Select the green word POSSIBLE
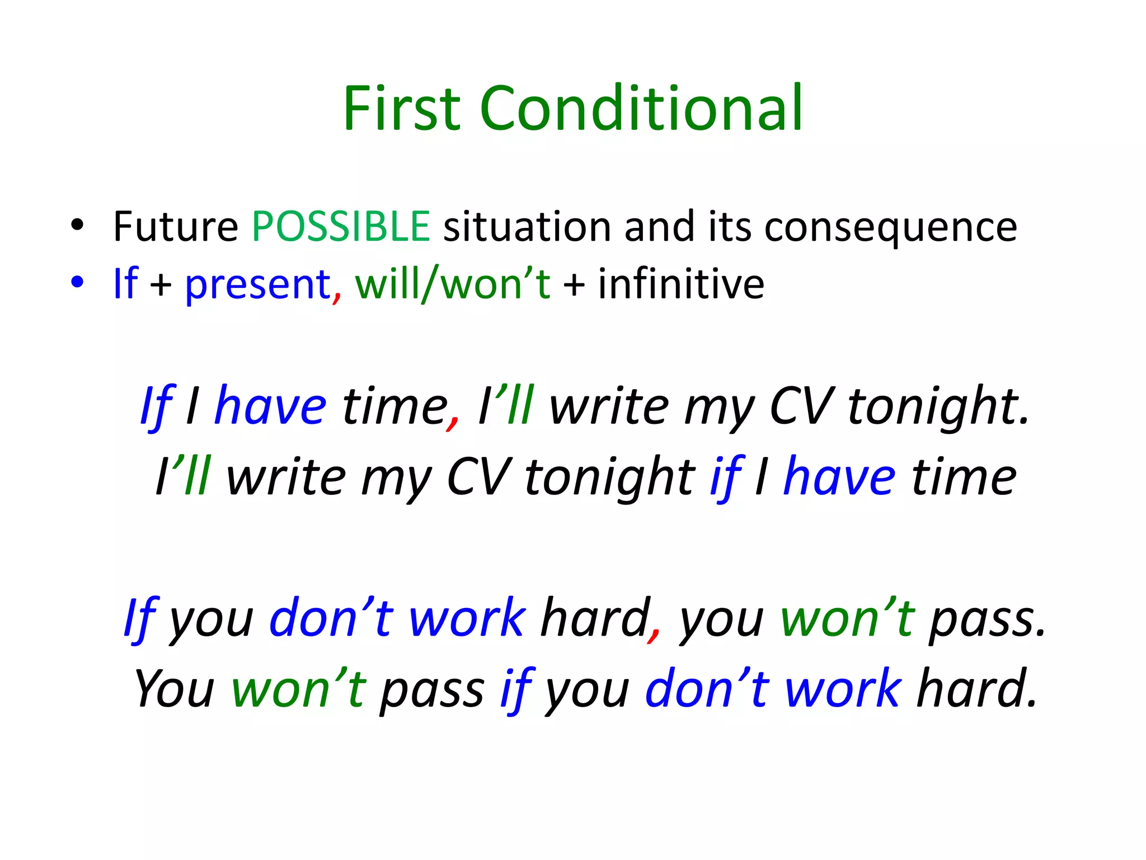pos(341,226)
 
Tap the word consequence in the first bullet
pos(890,227)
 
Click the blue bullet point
pos(77,282)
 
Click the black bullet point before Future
pos(77,225)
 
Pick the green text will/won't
pos(453,284)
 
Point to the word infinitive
pos(681,283)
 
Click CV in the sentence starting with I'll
pos(478,477)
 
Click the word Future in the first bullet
pos(176,226)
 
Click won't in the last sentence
pos(299,689)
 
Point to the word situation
pos(527,226)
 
